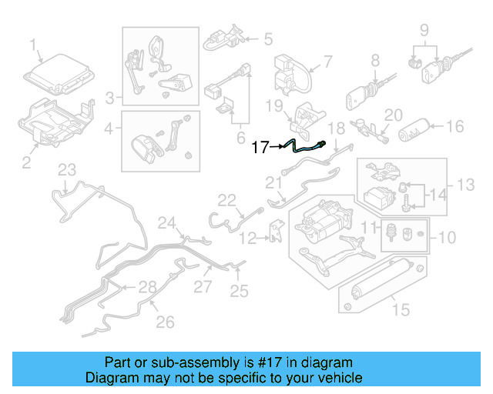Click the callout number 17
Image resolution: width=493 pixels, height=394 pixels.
click(x=260, y=147)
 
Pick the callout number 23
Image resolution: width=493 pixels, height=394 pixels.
click(x=67, y=169)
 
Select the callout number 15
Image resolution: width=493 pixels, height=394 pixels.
click(x=400, y=310)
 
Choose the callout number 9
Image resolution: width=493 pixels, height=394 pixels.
click(x=423, y=31)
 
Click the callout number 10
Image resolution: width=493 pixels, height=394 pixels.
click(x=447, y=237)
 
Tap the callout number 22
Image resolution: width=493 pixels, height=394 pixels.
click(x=226, y=200)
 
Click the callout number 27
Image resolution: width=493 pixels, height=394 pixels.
click(x=202, y=287)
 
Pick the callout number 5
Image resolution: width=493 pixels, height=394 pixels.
click(x=268, y=38)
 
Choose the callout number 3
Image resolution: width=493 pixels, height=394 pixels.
click(x=110, y=98)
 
